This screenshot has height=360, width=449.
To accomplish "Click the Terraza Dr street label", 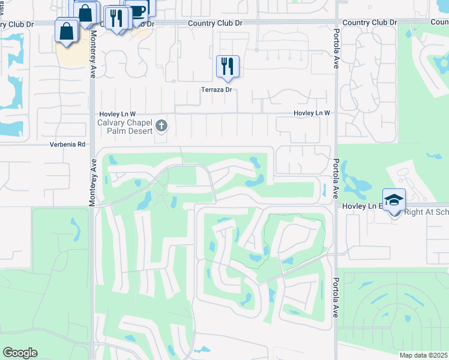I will [216, 89].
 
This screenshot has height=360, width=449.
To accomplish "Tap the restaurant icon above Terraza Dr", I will [228, 66].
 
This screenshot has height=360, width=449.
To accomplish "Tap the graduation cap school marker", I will [394, 200].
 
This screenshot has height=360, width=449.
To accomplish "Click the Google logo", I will [20, 353].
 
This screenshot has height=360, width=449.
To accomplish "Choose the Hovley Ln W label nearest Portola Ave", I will [312, 113].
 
